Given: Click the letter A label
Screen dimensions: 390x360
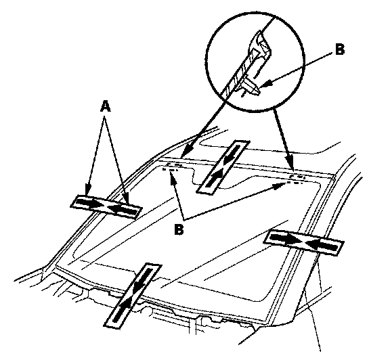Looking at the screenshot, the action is tap(105, 107).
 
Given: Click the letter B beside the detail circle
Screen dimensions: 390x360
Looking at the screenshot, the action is tap(340, 49).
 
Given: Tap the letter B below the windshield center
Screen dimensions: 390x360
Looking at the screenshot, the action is tap(179, 229).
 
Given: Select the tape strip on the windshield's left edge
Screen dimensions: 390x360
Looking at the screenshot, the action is tap(106, 207).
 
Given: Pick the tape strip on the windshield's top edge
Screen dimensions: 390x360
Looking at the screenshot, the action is tap(223, 166).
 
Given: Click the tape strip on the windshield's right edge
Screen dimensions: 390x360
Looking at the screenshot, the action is tap(304, 242).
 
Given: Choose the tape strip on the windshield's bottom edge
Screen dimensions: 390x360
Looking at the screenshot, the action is tap(133, 296).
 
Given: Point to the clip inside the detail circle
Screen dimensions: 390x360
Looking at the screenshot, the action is tap(251, 86).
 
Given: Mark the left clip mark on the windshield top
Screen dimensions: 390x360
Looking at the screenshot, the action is tap(172, 167).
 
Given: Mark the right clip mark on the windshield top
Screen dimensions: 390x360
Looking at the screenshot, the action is tap(296, 179).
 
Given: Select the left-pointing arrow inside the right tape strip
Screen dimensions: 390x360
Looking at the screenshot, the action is tap(322, 246).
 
